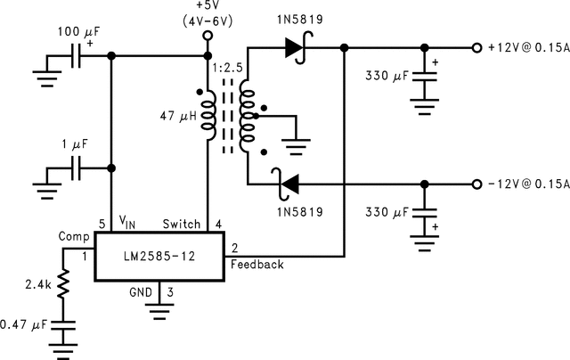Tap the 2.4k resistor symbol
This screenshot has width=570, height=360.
pos(63,286)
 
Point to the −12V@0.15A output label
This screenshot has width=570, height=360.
pos(527,184)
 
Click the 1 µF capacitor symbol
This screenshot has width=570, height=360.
pos(77,167)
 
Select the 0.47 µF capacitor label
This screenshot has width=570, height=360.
pos(25,324)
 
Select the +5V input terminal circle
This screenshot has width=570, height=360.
pos(208,37)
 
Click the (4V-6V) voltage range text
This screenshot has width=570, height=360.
pos(207,20)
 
